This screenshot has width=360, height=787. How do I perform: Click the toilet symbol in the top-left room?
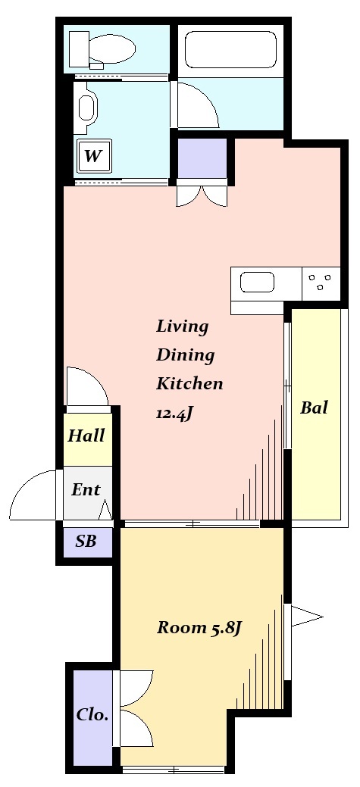click(x=102, y=50)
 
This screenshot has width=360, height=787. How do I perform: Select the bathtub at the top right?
click(x=230, y=52)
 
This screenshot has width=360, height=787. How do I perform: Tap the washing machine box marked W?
click(x=93, y=157)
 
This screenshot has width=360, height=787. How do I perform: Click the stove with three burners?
click(x=321, y=283)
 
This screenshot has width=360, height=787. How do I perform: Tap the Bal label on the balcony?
click(x=314, y=408)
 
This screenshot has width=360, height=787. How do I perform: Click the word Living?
click(x=182, y=326)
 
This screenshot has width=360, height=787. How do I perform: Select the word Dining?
click(x=185, y=354)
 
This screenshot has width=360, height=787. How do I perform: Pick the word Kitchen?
click(x=189, y=383)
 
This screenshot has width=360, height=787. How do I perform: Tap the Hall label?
click(x=86, y=436)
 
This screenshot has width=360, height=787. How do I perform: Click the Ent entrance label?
click(x=86, y=490)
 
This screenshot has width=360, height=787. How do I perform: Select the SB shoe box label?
click(x=86, y=541)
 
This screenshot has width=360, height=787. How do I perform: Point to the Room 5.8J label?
click(x=199, y=628)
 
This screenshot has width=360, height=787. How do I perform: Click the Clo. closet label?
click(x=92, y=714)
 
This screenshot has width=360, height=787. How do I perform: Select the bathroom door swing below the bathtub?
click(x=197, y=106)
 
